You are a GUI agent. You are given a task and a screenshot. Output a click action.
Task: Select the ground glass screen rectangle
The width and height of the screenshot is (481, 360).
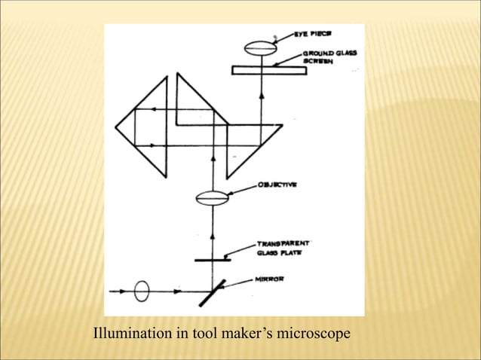tap(269, 70)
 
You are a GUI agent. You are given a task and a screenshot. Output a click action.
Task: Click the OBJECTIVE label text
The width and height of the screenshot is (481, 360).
tap(276, 182)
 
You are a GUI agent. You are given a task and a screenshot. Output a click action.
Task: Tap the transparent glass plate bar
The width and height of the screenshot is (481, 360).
tap(212, 260)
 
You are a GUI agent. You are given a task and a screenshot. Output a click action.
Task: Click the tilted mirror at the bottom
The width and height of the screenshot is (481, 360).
tap(212, 293)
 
